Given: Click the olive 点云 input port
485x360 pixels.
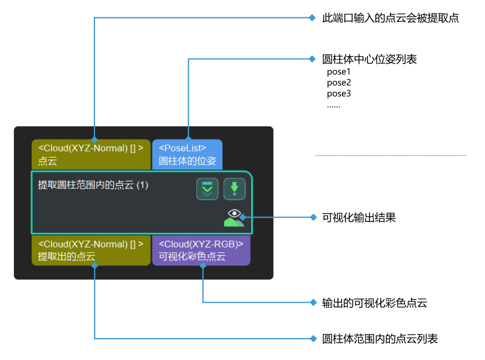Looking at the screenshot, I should click(91, 154).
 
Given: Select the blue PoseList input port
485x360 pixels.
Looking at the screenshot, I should click(187, 154).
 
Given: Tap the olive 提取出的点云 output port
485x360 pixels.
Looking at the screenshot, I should click(91, 250).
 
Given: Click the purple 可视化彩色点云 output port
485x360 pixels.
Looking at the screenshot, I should click(201, 250).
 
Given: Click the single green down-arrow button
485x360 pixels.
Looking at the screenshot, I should click(234, 189).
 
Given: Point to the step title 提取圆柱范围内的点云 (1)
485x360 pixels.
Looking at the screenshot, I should click(93, 185).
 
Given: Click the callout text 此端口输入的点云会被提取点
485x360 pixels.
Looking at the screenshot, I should click(390, 18).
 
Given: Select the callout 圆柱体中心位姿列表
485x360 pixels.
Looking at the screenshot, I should click(369, 59).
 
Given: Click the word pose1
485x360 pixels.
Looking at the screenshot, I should click(339, 72).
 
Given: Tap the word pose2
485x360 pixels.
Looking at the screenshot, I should click(339, 83).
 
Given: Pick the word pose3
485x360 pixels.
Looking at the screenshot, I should click(339, 93).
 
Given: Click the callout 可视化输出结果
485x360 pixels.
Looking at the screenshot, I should click(358, 218).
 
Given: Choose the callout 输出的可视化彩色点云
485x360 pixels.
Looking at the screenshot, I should click(374, 303).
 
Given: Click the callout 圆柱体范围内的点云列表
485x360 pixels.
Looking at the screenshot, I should click(380, 339).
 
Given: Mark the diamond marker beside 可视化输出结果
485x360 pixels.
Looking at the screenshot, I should click(313, 218).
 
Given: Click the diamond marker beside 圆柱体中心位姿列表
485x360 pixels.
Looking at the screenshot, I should click(312, 59).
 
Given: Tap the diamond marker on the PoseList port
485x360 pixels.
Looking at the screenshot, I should click(188, 139).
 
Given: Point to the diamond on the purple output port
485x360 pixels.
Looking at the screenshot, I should click(203, 266).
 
